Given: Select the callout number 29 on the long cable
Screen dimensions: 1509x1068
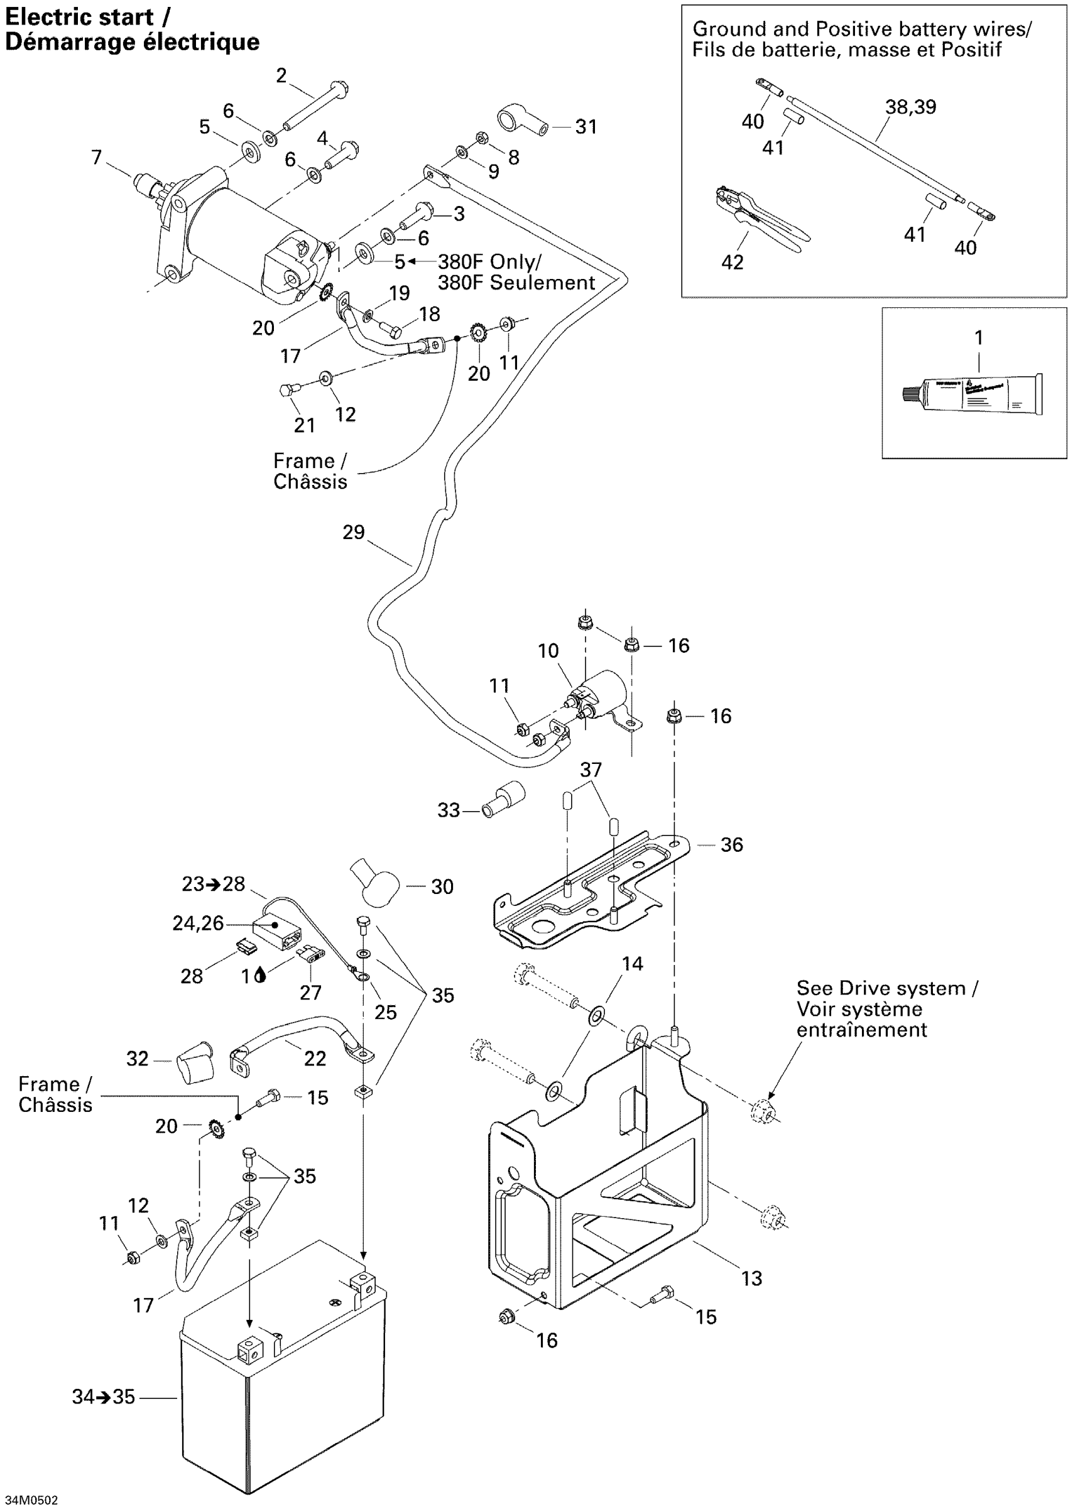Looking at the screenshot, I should point(353,532).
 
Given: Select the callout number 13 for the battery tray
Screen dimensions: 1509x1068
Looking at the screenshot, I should point(751,1278).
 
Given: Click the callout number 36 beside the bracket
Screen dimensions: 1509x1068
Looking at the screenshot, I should point(731,845).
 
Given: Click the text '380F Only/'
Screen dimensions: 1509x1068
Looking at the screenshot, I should point(489,262).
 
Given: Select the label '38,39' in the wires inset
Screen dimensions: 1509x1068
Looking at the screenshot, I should point(910,107).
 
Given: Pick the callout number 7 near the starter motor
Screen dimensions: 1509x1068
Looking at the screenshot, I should point(97,157).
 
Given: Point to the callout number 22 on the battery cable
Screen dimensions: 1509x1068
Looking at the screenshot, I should point(315,1058).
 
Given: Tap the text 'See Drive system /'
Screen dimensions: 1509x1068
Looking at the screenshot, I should point(886,988).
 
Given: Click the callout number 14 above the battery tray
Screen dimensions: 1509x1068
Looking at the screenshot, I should point(632,964).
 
